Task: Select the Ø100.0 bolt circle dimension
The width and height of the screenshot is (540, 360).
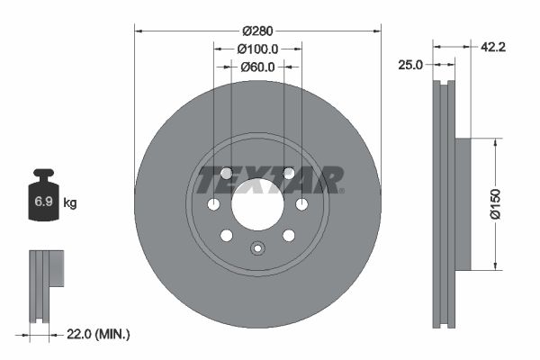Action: [x=257, y=49]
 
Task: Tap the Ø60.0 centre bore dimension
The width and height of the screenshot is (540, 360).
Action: [x=257, y=67]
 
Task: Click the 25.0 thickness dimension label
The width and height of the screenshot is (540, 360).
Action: [x=411, y=65]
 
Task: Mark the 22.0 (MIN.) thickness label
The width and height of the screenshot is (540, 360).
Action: [x=99, y=335]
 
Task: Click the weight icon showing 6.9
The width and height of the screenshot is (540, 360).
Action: [x=43, y=200]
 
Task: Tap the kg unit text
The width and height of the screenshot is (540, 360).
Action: [x=70, y=203]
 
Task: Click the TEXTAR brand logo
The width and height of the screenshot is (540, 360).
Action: [x=270, y=179]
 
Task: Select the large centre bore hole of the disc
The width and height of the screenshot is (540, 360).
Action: [x=256, y=204]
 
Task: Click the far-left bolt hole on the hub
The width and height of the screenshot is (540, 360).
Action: [x=213, y=205]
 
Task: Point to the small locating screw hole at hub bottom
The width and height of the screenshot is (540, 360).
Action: [x=256, y=249]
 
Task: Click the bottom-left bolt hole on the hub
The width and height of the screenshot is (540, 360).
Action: [x=227, y=235]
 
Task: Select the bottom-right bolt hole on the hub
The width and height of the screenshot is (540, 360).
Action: [x=288, y=235]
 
